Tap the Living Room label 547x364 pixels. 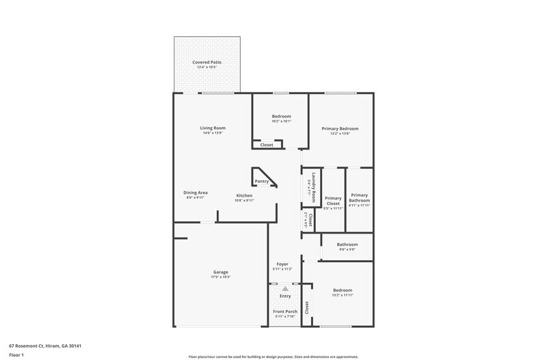(213, 128)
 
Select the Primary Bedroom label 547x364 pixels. (340, 128)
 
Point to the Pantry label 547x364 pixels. (262, 181)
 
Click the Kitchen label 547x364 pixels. (244, 196)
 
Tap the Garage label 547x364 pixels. (220, 272)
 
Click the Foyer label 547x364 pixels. (282, 264)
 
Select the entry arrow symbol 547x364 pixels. (285, 289)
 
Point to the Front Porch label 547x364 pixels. (284, 311)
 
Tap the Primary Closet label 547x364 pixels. (333, 201)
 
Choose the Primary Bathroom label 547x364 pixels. (359, 197)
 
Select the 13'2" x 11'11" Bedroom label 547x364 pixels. (343, 290)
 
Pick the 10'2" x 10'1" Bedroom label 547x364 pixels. (281, 116)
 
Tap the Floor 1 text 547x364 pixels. (16, 355)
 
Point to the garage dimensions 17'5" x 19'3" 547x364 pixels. (220, 277)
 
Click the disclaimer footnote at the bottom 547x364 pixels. (273, 356)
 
